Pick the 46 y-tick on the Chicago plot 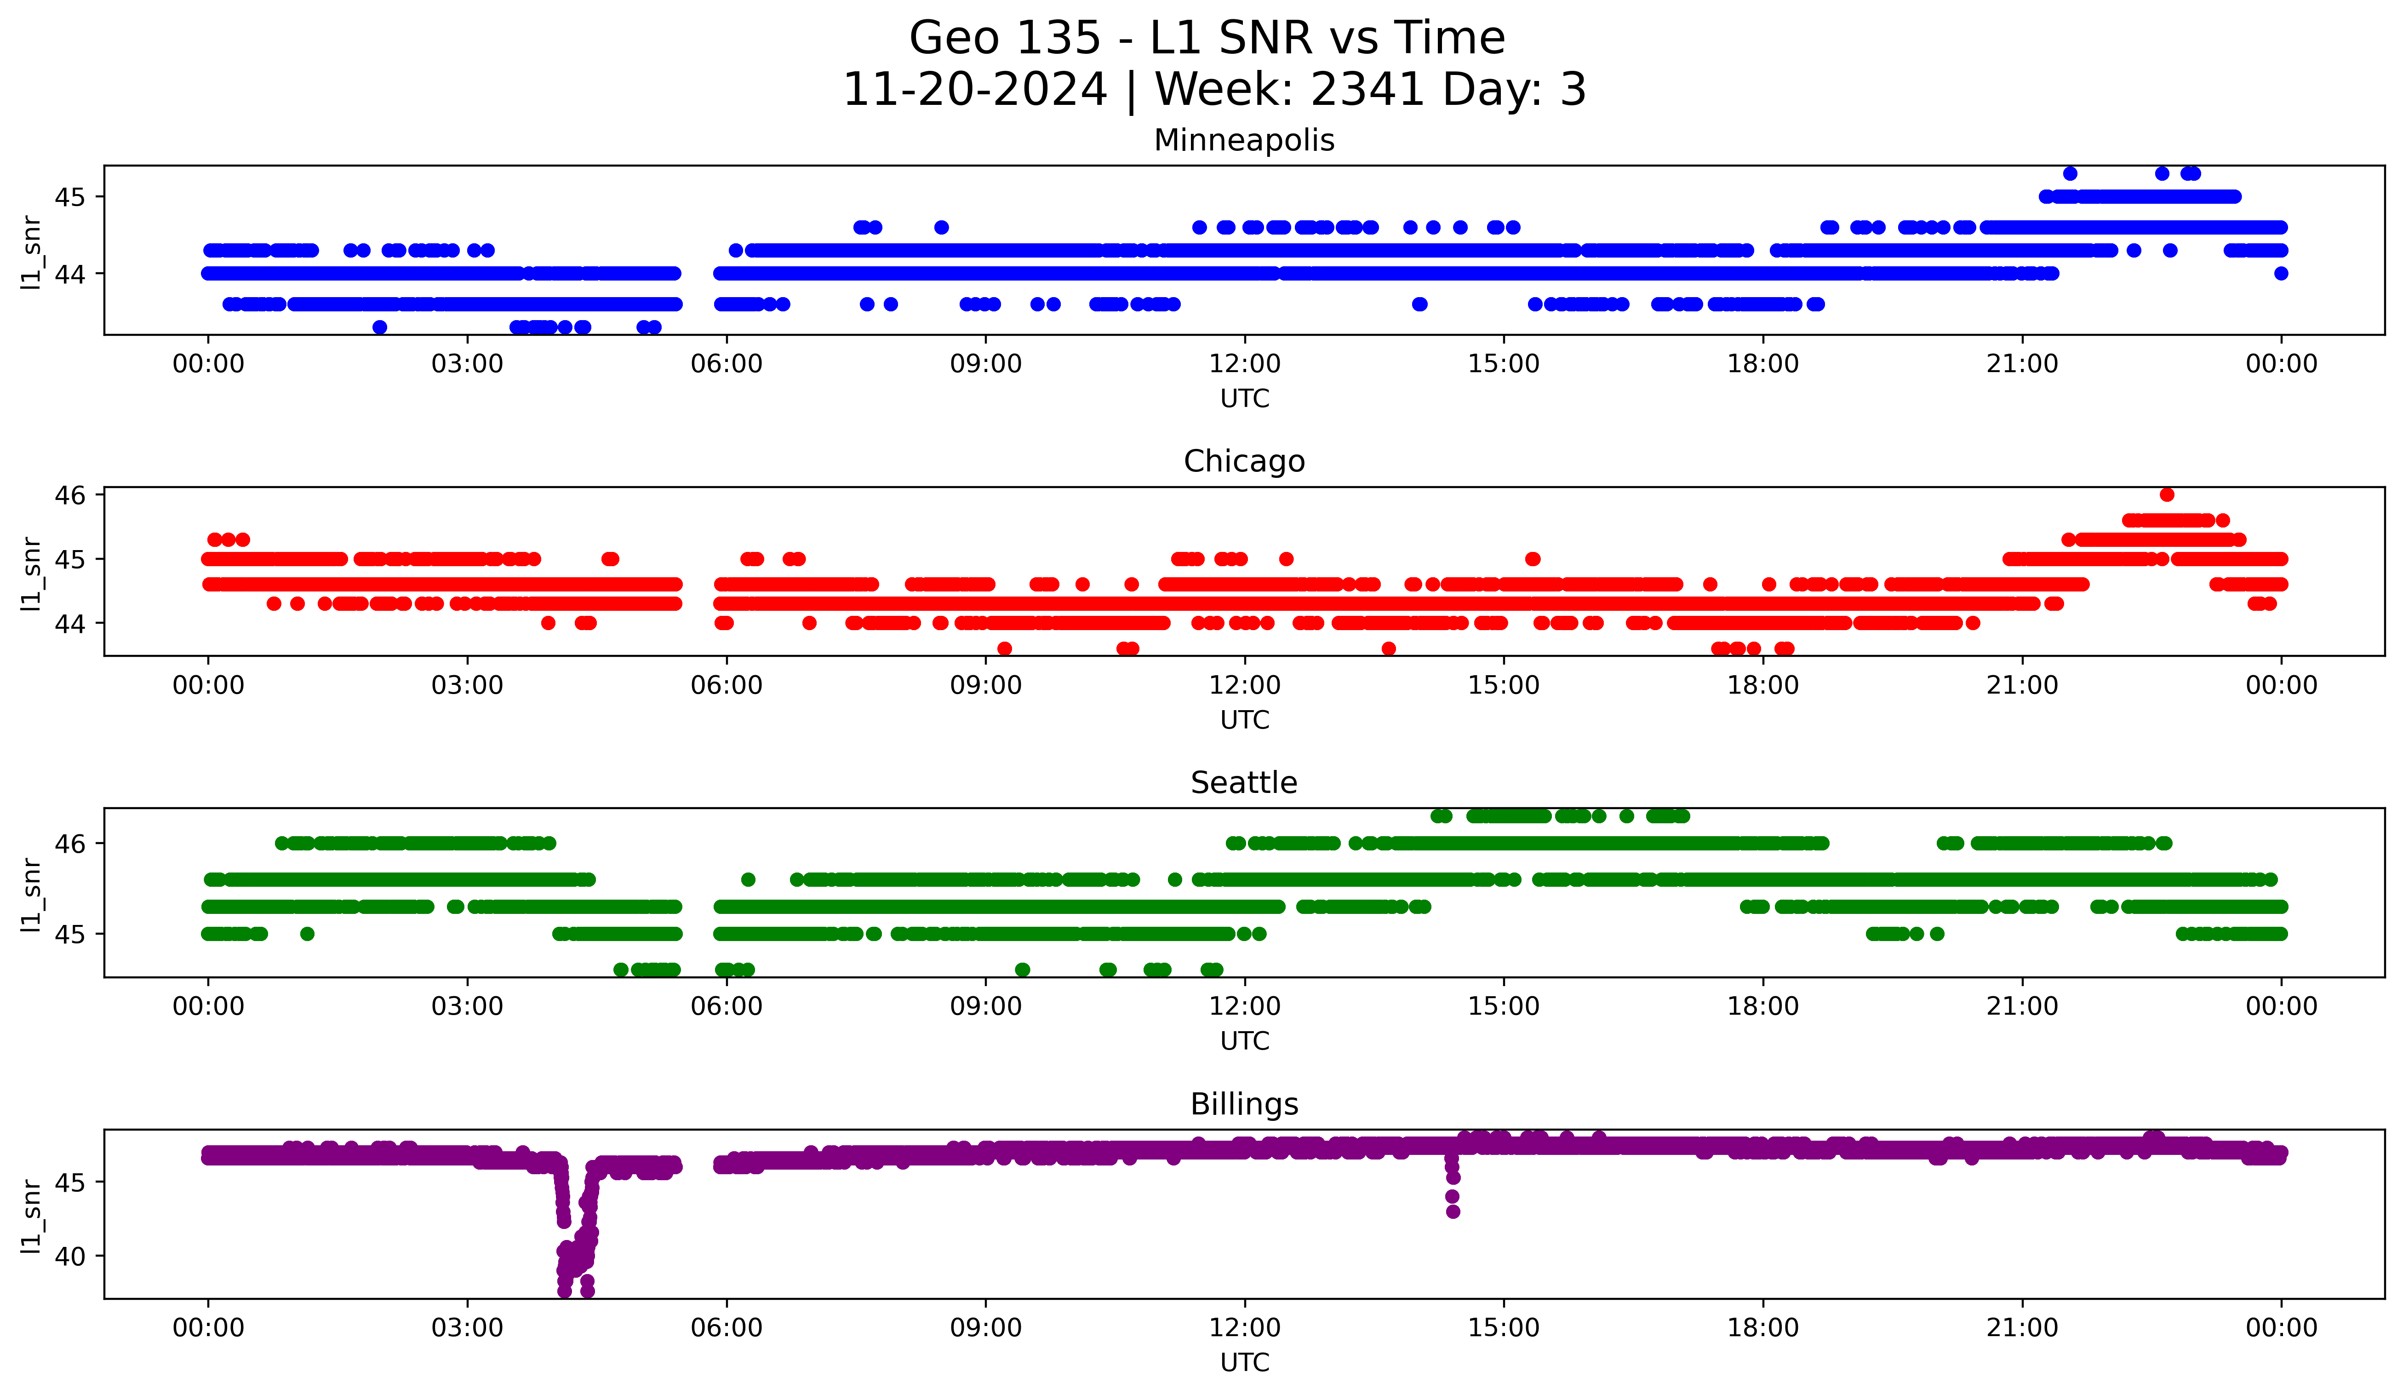click(x=69, y=495)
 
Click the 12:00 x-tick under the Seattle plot click(x=1244, y=1006)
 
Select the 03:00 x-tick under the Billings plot click(x=467, y=1327)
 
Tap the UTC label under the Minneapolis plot click(x=1244, y=399)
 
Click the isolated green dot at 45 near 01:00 click(x=307, y=934)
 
